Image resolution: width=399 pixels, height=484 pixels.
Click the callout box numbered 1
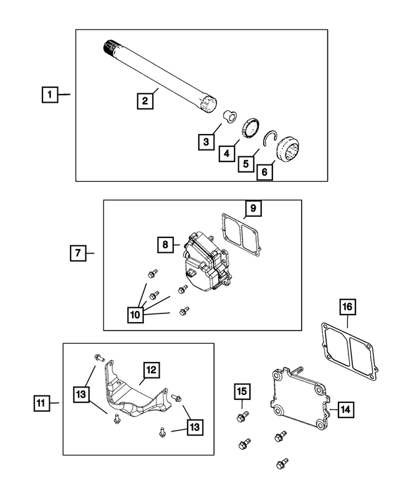(x=50, y=95)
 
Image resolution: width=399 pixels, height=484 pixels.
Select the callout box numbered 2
(x=145, y=101)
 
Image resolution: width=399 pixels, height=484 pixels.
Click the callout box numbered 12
(x=151, y=371)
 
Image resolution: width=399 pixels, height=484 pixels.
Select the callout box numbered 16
(x=347, y=307)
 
